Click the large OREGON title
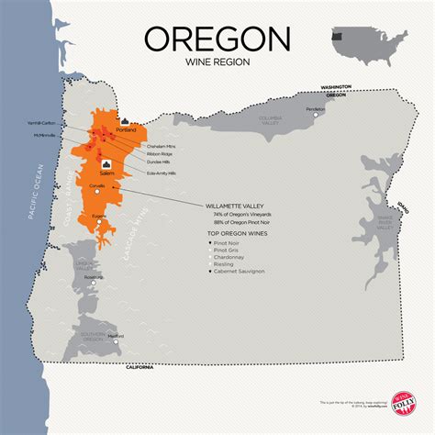(217, 39)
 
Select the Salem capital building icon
(117, 164)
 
